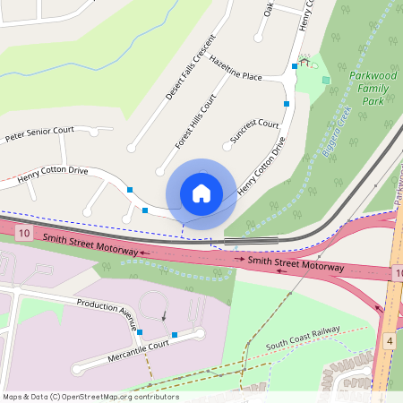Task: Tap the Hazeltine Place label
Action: pos(236,71)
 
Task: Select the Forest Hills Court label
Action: pos(196,120)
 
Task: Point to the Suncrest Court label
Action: pos(254,131)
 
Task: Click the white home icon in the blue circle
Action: pos(201,193)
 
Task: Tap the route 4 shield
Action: pos(390,341)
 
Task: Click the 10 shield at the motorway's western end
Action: pos(23,234)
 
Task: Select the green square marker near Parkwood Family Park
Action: pos(326,80)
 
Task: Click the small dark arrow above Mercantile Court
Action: pos(164,315)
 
